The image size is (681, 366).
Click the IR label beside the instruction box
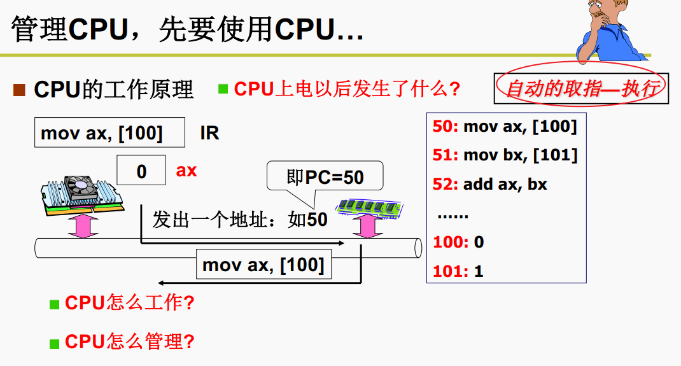click(x=209, y=133)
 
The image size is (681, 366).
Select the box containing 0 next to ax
click(x=141, y=171)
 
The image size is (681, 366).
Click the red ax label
click(x=186, y=171)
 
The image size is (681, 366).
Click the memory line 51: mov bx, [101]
click(x=505, y=155)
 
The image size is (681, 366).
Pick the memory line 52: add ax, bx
click(x=489, y=184)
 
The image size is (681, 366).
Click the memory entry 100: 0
click(x=458, y=242)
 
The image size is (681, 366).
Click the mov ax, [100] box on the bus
click(x=263, y=265)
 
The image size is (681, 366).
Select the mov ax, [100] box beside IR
click(x=109, y=133)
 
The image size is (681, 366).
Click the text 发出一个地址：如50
click(x=240, y=220)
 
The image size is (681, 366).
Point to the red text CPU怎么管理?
click(x=129, y=341)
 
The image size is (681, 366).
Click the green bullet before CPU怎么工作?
click(x=55, y=303)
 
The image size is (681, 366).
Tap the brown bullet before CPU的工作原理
click(x=19, y=90)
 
